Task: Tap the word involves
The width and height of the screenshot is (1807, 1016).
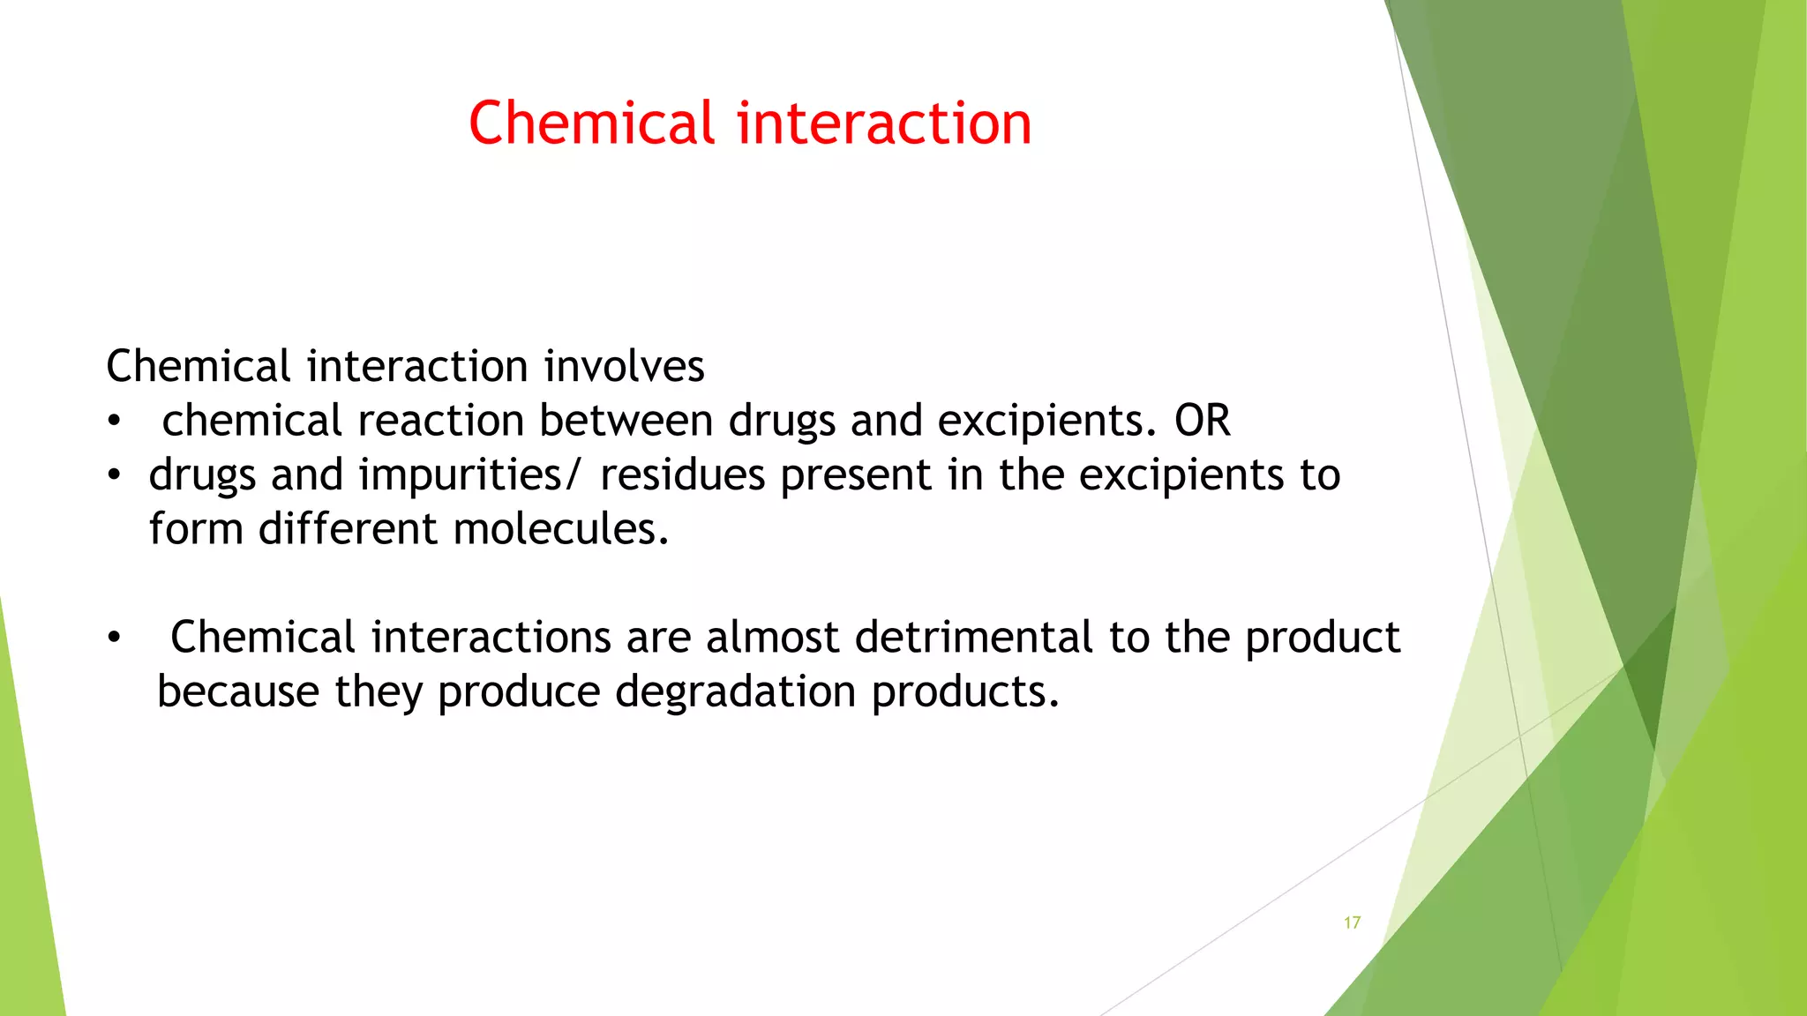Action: pyautogui.click(x=624, y=366)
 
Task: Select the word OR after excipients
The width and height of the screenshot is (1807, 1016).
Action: pyautogui.click(x=1202, y=421)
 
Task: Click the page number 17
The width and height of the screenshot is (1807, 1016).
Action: pyautogui.click(x=1352, y=923)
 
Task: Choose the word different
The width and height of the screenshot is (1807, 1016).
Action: pyautogui.click(x=348, y=529)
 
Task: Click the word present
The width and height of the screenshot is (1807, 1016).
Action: pyautogui.click(x=856, y=475)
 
